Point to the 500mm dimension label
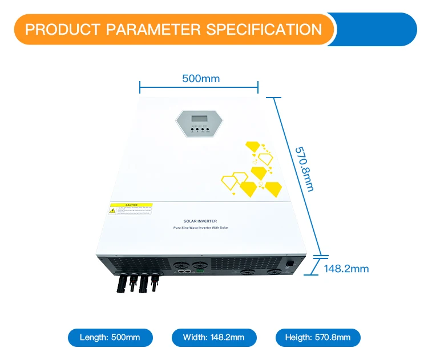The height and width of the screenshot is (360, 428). (x=201, y=79)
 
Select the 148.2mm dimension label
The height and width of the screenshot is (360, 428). (x=346, y=269)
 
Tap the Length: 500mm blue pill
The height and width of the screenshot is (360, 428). (x=111, y=337)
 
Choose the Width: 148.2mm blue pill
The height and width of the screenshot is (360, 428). (x=214, y=337)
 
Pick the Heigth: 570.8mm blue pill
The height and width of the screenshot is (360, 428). (x=318, y=337)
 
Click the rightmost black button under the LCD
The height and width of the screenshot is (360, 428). (x=208, y=130)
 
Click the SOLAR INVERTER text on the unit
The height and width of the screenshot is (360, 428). (x=200, y=221)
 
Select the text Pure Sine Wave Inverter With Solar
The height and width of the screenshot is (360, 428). (x=200, y=228)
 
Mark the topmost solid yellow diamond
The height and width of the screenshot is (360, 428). (x=253, y=146)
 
